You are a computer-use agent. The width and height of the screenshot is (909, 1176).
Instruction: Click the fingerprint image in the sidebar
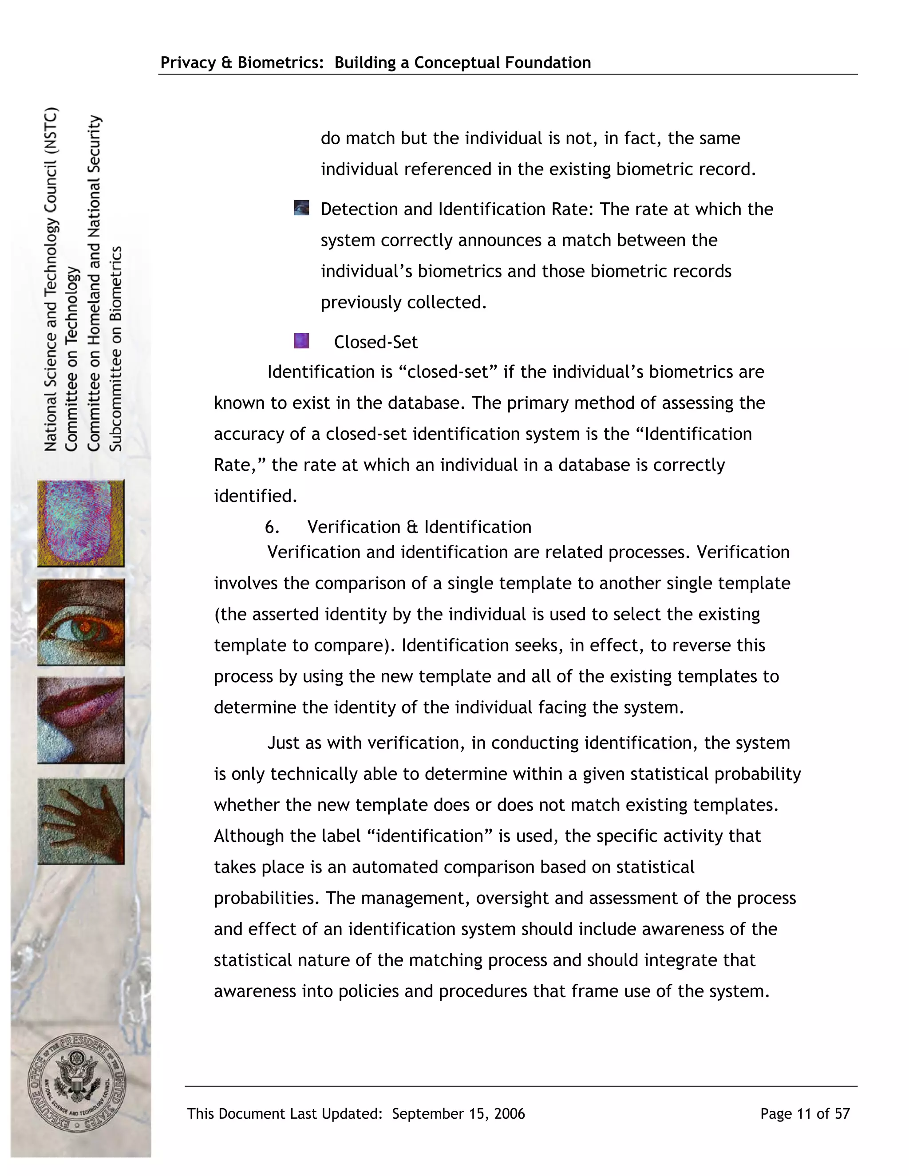81,523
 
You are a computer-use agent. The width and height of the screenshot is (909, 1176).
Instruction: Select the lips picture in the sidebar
81,720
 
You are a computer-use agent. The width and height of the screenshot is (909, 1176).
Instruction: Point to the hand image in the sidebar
81,821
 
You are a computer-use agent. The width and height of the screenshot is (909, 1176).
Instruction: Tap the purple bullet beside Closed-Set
301,341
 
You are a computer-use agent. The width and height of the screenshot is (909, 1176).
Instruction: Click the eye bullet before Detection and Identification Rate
301,208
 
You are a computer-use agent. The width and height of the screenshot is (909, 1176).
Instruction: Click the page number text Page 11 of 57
805,1113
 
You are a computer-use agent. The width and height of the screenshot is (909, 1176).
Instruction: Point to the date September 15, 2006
458,1113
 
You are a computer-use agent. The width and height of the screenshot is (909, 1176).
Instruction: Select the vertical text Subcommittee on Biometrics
116,348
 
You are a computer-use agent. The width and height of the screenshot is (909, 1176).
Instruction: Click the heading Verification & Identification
419,527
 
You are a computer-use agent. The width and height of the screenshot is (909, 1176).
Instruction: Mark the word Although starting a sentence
249,836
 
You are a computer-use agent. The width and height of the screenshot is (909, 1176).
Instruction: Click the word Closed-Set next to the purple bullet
375,342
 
